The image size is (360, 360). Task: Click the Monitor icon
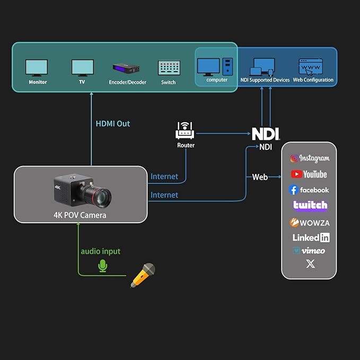37,68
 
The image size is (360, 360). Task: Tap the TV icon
82,68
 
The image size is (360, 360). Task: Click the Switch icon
169,68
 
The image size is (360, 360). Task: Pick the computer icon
215,67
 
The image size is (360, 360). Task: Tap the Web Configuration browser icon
311,67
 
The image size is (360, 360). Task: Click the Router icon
186,130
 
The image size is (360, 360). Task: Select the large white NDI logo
266,134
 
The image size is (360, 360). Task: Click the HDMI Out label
112,124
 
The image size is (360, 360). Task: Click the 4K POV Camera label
80,215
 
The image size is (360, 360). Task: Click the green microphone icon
102,266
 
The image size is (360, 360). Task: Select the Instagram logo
309,159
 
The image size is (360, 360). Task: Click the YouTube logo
309,174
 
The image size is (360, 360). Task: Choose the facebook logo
309,190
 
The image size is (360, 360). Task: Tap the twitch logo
310,206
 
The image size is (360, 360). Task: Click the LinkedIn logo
310,238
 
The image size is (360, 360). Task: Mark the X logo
310,264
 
